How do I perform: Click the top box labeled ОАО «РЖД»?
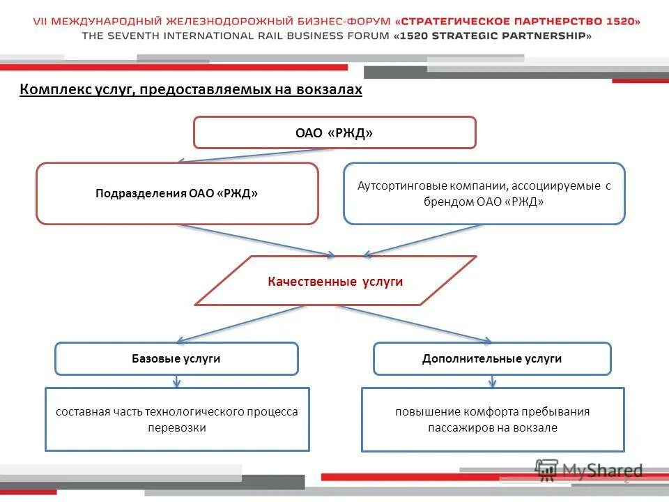tap(334, 132)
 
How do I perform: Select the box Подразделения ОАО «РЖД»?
tap(177, 193)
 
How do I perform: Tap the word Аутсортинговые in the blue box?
tap(396, 186)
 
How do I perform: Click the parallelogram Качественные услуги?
tap(335, 281)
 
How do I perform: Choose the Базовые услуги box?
tap(176, 358)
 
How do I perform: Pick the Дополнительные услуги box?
tap(492, 358)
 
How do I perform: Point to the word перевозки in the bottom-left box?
tap(177, 427)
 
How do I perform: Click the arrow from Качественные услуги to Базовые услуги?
tap(240, 324)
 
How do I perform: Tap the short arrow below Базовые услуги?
tap(177, 381)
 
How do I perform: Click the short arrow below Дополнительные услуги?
tap(493, 381)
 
